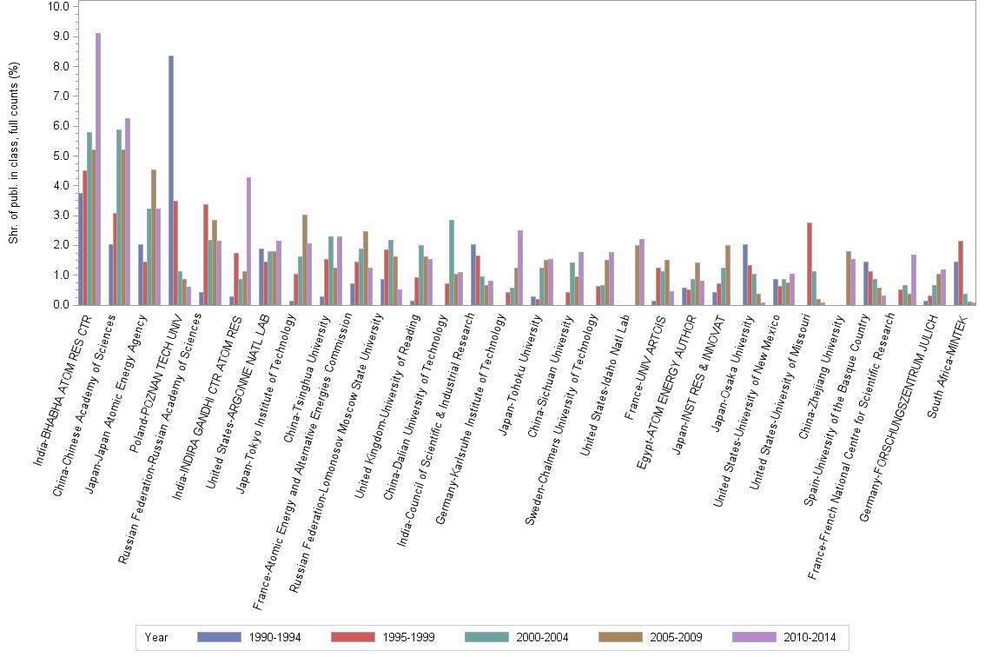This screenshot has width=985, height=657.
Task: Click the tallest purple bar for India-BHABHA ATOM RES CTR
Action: point(98,169)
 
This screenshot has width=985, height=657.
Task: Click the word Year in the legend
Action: point(157,637)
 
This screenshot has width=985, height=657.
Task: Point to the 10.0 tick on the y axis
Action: point(58,7)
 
